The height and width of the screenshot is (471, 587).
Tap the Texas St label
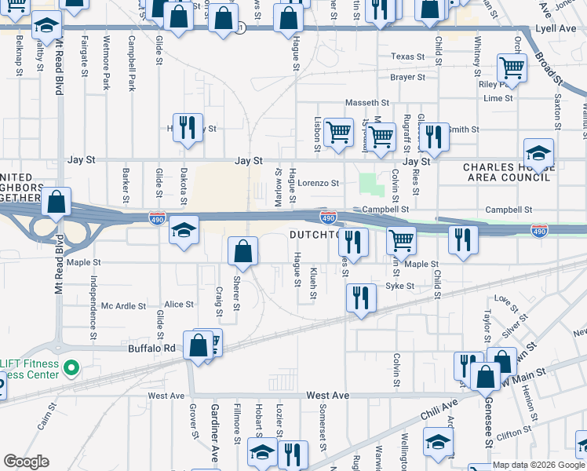coord(407,57)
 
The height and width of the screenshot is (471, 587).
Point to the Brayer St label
coord(407,78)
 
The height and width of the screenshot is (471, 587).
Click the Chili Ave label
coord(438,407)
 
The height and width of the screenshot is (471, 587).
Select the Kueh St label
coord(312,282)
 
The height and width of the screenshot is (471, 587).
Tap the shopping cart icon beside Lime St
coord(512,70)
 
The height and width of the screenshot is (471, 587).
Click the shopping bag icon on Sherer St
coord(243,252)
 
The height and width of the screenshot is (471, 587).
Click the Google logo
coord(26,462)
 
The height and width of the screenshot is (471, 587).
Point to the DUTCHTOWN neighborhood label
coord(313,235)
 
